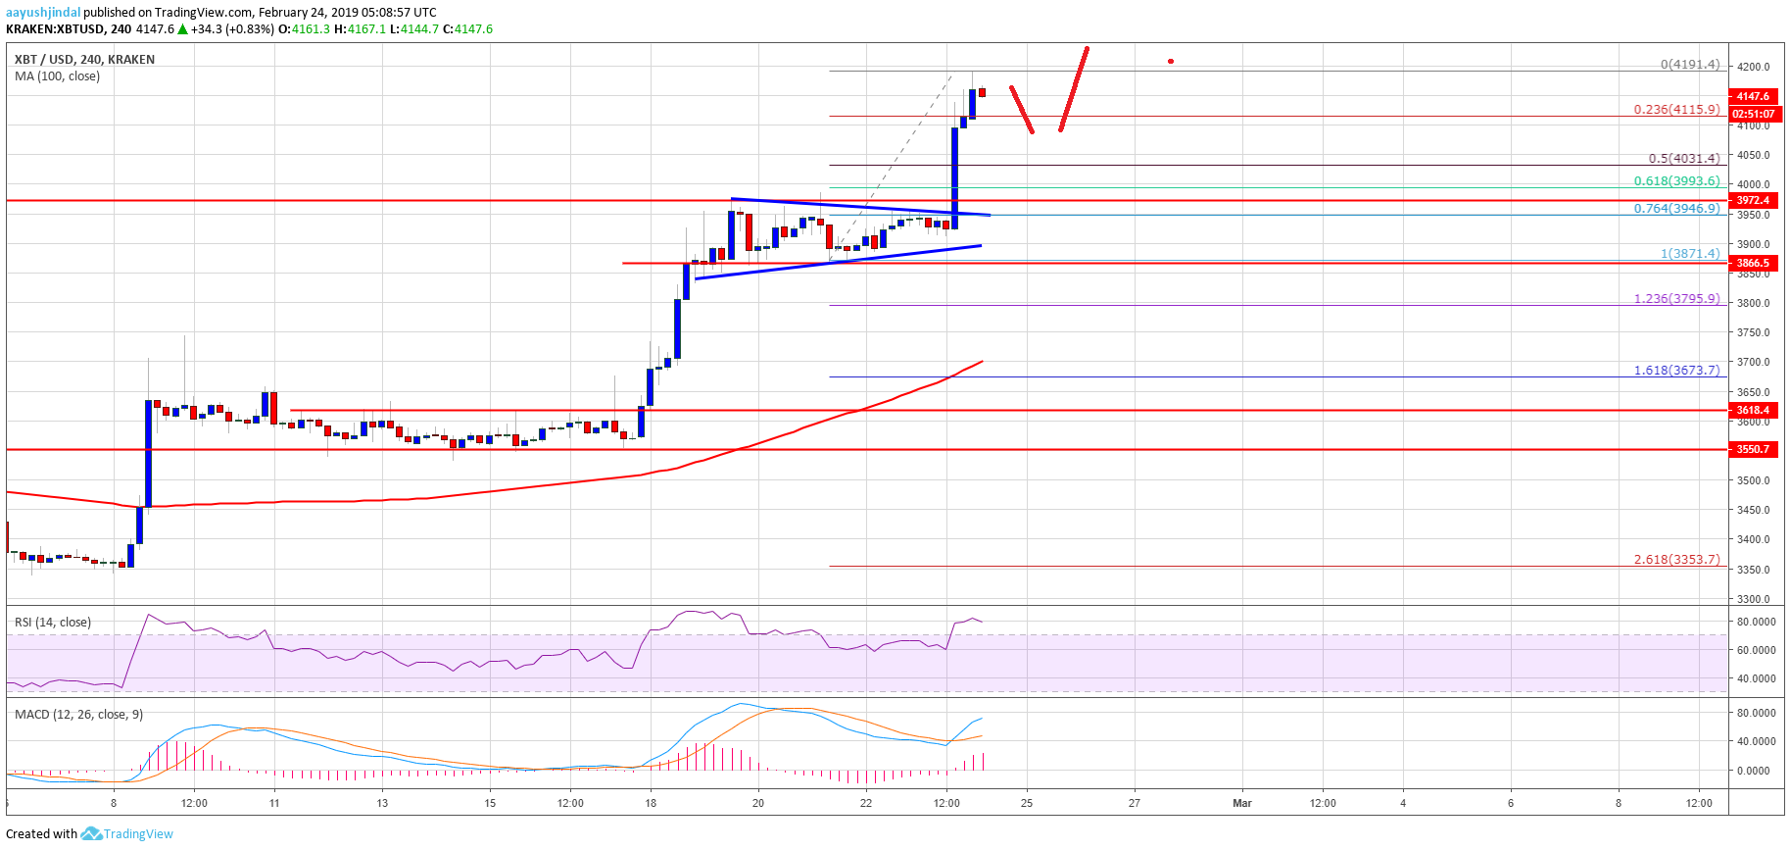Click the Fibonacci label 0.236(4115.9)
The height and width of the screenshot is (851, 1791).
click(x=1676, y=110)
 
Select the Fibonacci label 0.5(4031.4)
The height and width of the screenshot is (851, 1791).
click(x=1683, y=158)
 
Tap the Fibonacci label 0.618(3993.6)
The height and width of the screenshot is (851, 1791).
click(x=1676, y=180)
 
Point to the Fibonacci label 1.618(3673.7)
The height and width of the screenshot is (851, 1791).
click(x=1676, y=370)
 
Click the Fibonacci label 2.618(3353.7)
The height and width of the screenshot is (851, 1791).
click(x=1676, y=559)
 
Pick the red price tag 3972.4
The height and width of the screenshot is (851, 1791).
click(x=1753, y=200)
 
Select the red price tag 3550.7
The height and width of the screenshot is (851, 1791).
click(x=1753, y=449)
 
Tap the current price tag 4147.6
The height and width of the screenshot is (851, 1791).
click(x=1753, y=96)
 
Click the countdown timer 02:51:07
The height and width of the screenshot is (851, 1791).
click(x=1753, y=114)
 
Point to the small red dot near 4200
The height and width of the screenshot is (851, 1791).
click(x=1171, y=62)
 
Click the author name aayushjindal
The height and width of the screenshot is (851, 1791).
click(x=43, y=13)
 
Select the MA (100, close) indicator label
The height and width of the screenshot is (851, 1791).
click(x=57, y=76)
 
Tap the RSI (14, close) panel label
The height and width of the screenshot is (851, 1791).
click(x=53, y=622)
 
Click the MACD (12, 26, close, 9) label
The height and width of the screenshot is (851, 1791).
click(x=78, y=714)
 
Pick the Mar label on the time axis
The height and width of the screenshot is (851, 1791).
click(x=1241, y=803)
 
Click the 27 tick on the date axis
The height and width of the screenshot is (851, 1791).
click(x=1134, y=803)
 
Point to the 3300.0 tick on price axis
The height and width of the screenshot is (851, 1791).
click(x=1753, y=599)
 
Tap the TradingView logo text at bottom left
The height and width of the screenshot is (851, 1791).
click(x=138, y=834)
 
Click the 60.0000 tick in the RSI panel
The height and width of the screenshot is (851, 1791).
click(x=1756, y=650)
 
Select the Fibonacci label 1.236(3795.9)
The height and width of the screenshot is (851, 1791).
click(x=1676, y=298)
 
